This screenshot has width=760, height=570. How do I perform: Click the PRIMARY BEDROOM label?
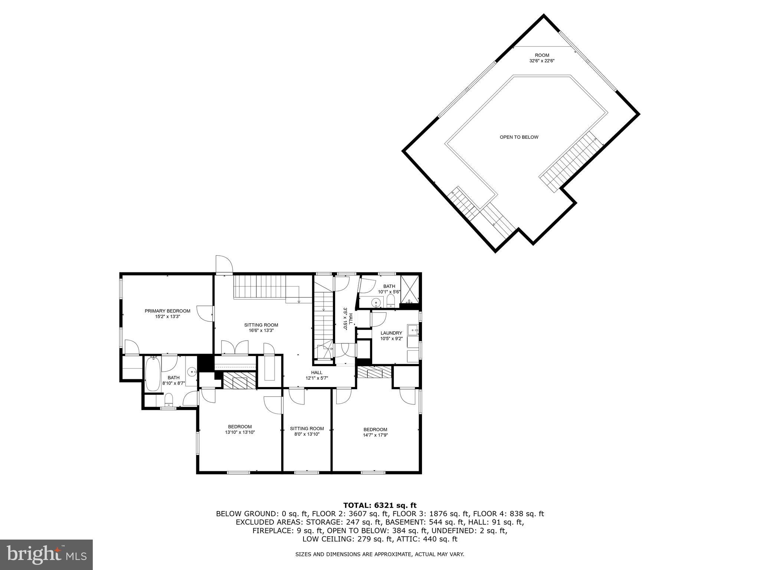pyautogui.click(x=167, y=311)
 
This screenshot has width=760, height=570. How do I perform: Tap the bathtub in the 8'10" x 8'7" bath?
pyautogui.click(x=153, y=373)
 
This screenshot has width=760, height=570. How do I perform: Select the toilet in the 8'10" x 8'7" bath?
pyautogui.click(x=168, y=400)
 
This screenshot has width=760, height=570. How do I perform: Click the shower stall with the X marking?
pyautogui.click(x=410, y=289)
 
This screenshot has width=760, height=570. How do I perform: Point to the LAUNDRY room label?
pyautogui.click(x=391, y=333)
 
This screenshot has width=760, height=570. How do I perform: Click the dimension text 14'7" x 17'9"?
pyautogui.click(x=375, y=435)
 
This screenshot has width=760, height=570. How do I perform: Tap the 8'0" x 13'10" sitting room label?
pyautogui.click(x=307, y=429)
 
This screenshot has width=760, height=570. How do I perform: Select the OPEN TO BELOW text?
pyautogui.click(x=519, y=137)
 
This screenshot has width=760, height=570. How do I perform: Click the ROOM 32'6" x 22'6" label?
pyautogui.click(x=542, y=55)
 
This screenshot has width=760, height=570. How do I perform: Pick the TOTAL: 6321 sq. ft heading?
pyautogui.click(x=380, y=505)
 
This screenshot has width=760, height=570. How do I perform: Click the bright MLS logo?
pyautogui.click(x=46, y=555)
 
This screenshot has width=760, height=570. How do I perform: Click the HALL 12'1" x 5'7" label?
pyautogui.click(x=317, y=373)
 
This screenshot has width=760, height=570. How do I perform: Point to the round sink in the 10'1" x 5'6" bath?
pyautogui.click(x=377, y=303)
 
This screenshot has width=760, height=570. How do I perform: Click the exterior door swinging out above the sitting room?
pyautogui.click(x=224, y=265)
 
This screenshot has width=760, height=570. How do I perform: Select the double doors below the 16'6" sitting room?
pyautogui.click(x=235, y=348)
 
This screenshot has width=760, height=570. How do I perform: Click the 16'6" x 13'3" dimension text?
pyautogui.click(x=261, y=330)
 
